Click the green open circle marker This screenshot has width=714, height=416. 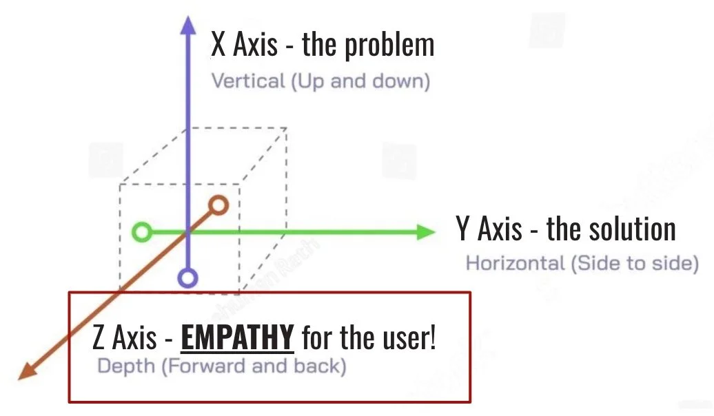coord(141,232)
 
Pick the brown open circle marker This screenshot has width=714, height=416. coord(218,205)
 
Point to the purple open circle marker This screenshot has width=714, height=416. coord(187,278)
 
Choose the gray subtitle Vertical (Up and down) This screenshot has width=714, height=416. coord(320,81)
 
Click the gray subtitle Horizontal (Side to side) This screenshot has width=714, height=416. coord(582,263)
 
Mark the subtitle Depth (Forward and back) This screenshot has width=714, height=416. coord(221,365)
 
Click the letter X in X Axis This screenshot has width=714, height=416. coord(218,45)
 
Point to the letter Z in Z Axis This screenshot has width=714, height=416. coord(99,338)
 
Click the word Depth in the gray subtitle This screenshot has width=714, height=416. coord(126,365)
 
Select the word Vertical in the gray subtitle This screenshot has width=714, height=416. coord(248,81)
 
